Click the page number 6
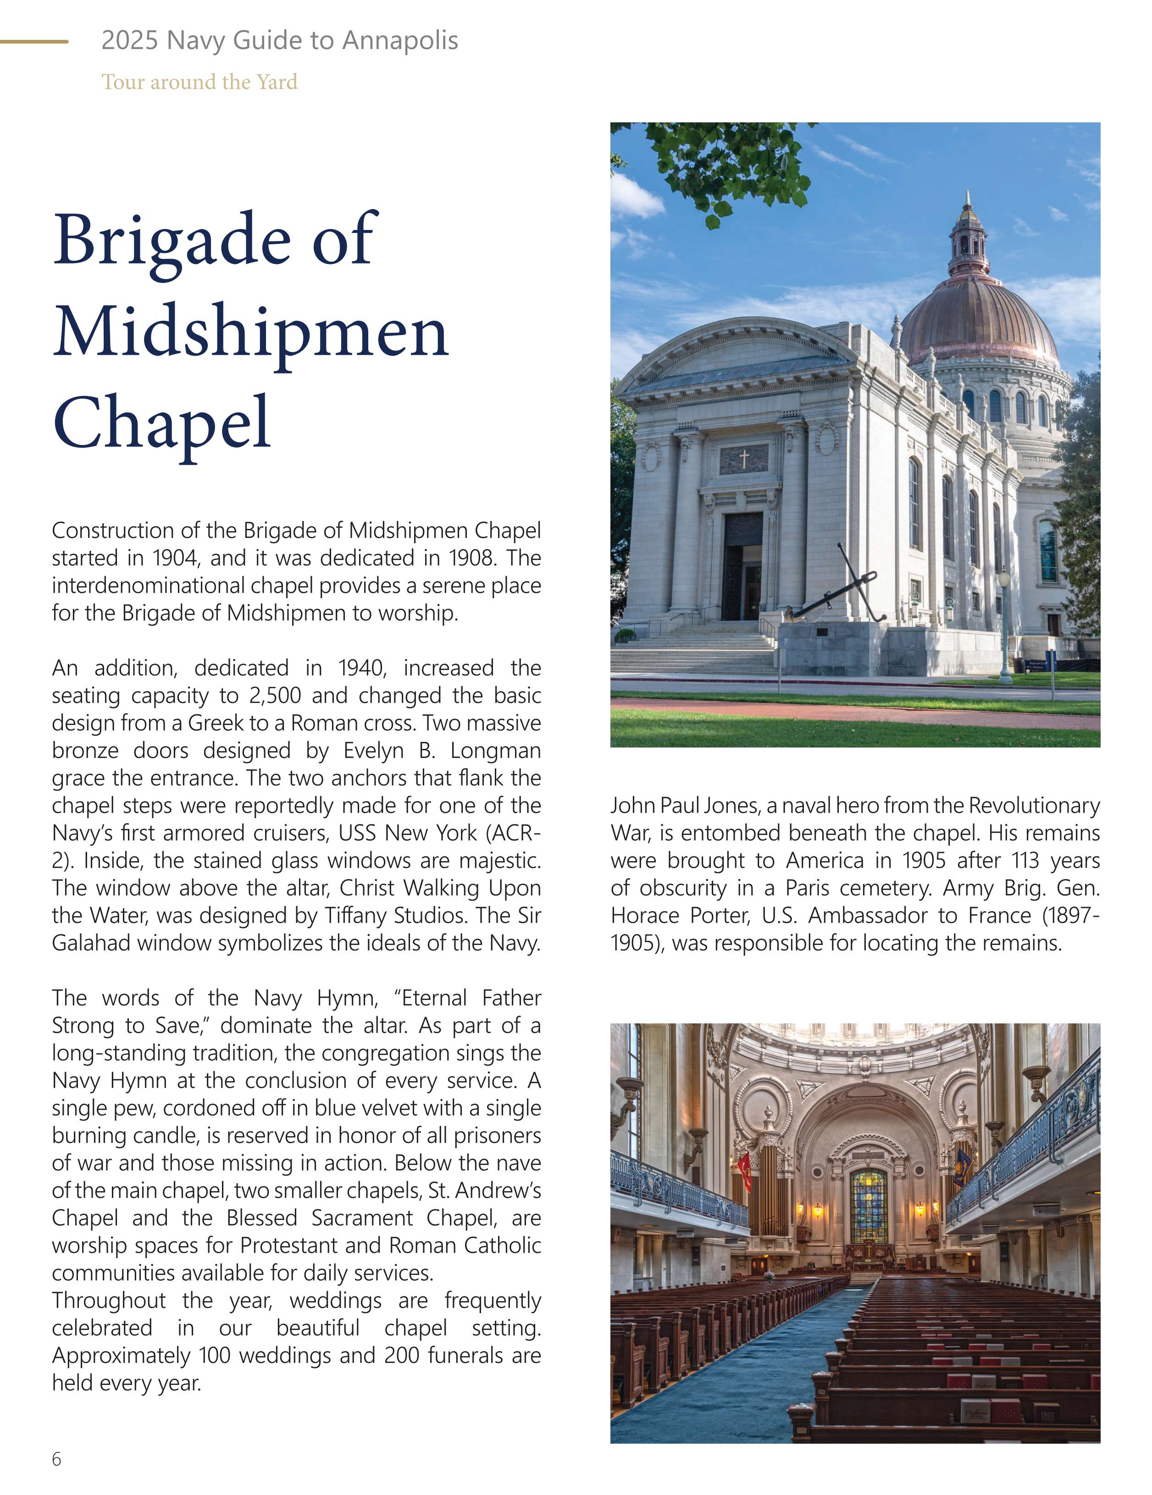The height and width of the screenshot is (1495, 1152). (x=56, y=1459)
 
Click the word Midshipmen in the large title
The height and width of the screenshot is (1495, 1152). (x=251, y=333)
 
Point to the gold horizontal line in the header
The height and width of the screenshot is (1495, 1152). (x=34, y=42)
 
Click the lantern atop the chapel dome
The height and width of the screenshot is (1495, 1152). (x=967, y=236)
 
